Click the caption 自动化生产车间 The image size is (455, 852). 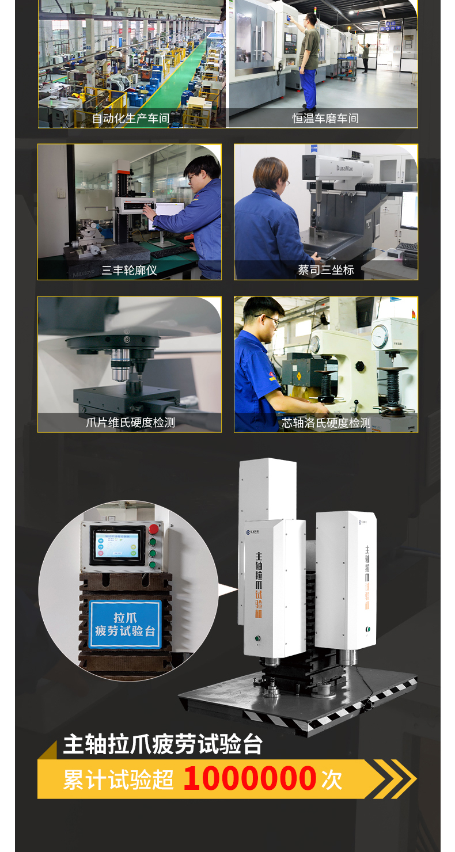click(131, 119)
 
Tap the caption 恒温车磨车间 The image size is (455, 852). click(325, 119)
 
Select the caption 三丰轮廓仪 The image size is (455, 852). click(129, 270)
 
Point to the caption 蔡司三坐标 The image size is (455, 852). click(325, 270)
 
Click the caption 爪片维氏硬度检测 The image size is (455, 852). click(130, 423)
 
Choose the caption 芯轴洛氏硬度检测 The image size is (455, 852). click(325, 423)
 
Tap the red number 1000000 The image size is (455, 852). click(249, 778)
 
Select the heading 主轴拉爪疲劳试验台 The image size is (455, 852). click(162, 744)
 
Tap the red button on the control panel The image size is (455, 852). click(154, 528)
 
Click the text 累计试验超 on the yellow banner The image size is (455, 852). click(118, 779)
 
